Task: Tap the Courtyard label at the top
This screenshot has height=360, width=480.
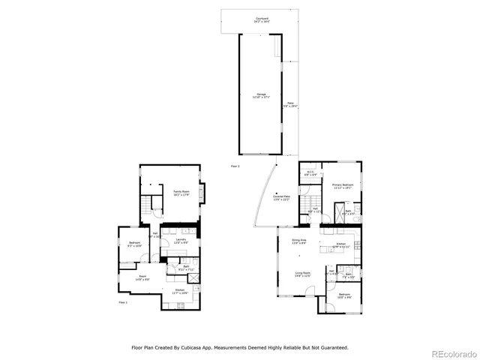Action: pos(262,19)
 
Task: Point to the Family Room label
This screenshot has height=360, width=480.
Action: pos(181,193)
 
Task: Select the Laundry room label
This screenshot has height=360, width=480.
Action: pos(181,241)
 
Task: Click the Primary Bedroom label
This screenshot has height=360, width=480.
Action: pos(343,186)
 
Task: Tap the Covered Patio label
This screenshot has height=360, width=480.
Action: pos(282,198)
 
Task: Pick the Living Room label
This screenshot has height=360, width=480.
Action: pos(302,274)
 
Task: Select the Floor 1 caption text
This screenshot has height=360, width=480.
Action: pos(123,302)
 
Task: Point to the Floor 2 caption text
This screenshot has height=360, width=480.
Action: pos(235,166)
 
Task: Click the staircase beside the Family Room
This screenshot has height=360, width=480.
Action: pos(156,204)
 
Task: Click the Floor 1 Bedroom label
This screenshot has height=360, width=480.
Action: pos(134,244)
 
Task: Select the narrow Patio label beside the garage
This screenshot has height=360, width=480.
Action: pos(291,105)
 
